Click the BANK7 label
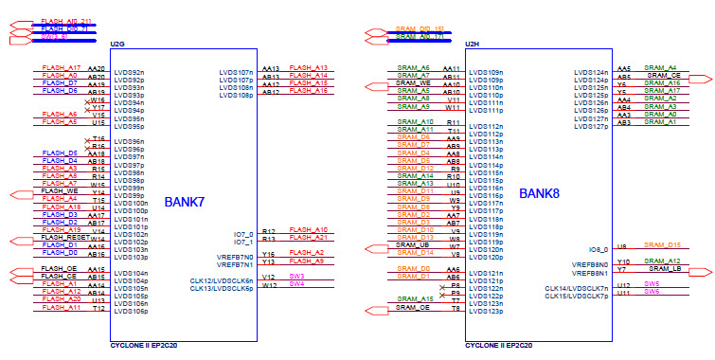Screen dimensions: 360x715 187,202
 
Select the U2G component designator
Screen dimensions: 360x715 117,45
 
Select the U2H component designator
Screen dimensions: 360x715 472,45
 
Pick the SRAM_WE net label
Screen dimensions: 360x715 414,83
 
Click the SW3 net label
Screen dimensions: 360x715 297,276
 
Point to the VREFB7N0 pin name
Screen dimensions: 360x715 236,256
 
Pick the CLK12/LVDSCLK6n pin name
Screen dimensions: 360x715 222,280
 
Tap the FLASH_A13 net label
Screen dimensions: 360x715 309,68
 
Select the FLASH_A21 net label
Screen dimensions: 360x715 309,237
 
